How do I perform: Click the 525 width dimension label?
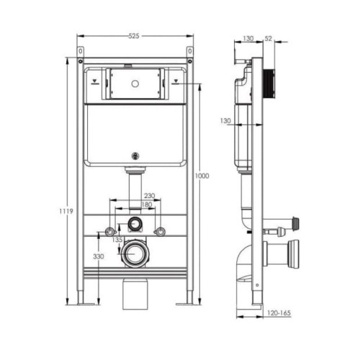[134, 36]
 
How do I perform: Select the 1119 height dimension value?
[66, 212]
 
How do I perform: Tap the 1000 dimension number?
[202, 176]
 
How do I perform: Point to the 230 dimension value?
[149, 196]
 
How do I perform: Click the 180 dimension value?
[147, 204]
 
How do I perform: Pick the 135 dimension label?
[117, 240]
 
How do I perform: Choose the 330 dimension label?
[99, 256]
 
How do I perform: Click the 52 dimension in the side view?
[269, 38]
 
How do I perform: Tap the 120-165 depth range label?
[279, 313]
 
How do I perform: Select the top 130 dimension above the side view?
[248, 38]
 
